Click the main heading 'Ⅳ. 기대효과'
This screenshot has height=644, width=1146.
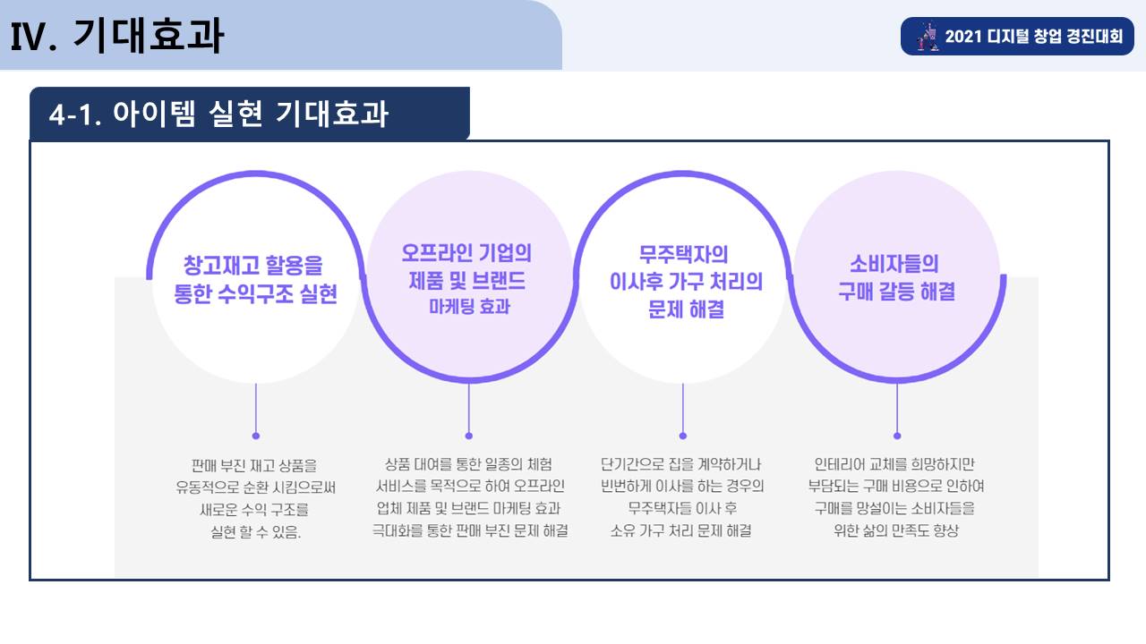point(117,35)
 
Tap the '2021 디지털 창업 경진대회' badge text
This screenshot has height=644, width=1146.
point(1033,37)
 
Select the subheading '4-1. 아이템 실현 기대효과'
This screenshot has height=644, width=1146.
point(219,114)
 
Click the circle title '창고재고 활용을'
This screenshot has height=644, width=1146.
point(253,266)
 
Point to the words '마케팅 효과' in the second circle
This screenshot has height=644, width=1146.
point(470,306)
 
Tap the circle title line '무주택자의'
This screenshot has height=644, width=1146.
point(683,254)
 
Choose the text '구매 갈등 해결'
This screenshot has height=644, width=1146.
point(897,292)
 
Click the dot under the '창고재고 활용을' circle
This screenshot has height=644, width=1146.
point(256,436)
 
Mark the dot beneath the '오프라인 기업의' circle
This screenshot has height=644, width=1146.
point(469,436)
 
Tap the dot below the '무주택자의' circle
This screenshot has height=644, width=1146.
point(683,436)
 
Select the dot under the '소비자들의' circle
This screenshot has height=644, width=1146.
point(897,436)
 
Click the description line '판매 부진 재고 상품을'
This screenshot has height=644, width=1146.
point(254,466)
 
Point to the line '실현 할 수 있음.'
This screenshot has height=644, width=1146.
point(256,532)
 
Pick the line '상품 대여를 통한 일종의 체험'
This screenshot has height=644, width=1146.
point(468,464)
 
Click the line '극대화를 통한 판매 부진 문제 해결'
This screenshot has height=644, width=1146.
point(470,530)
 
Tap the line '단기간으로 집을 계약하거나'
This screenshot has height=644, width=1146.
point(681,464)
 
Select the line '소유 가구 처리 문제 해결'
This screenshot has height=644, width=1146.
point(681,530)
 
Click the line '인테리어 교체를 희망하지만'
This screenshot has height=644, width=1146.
point(894,464)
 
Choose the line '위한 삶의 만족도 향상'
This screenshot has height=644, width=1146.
point(896,530)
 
